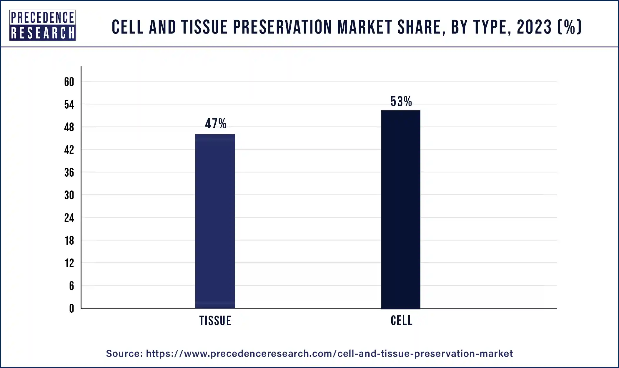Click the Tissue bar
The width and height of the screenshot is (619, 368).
tap(215, 221)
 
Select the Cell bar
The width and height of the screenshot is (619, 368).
tap(400, 209)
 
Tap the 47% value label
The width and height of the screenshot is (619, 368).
tap(216, 124)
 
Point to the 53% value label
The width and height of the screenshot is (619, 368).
tap(401, 102)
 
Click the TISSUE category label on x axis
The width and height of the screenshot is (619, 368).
tap(215, 321)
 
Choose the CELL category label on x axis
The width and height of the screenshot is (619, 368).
tap(402, 320)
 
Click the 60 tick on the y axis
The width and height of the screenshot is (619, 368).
tap(69, 82)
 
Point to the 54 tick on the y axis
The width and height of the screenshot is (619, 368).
tap(69, 105)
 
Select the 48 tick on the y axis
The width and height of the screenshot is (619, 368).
tap(69, 127)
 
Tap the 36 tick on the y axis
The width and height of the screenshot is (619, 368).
tap(69, 173)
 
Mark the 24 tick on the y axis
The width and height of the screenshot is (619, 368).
tap(69, 218)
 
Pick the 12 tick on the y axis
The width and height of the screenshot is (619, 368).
tap(69, 263)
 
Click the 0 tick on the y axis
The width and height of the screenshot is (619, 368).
tap(71, 309)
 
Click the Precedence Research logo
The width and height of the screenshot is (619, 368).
tap(42, 25)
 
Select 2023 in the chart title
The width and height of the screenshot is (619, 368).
tap(534, 27)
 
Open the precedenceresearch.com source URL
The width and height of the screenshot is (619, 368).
tap(329, 353)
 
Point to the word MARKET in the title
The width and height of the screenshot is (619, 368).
tap(365, 27)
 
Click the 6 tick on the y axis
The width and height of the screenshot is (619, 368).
tap(71, 286)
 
